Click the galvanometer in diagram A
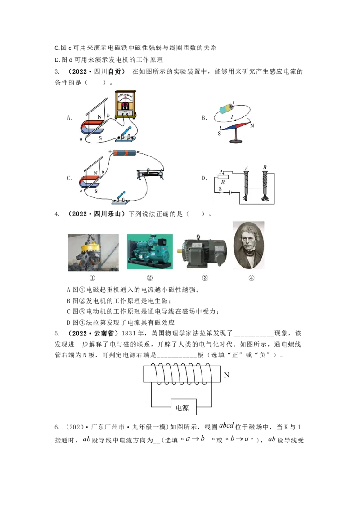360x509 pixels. click(x=126, y=104)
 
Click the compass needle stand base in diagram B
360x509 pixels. click(x=237, y=141)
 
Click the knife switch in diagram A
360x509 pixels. click(x=126, y=135)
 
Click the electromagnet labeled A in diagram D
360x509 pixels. click(x=246, y=185)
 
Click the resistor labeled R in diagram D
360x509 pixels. click(x=223, y=177)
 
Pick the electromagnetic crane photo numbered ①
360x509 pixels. click(x=93, y=253)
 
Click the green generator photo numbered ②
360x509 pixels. click(x=150, y=252)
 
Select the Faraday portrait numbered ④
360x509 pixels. click(x=249, y=245)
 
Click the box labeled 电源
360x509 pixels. click(x=184, y=407)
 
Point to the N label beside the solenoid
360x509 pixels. click(x=226, y=375)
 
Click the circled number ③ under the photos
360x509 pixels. click(x=205, y=278)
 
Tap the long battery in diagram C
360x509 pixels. click(x=125, y=152)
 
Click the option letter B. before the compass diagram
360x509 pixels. click(x=204, y=118)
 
